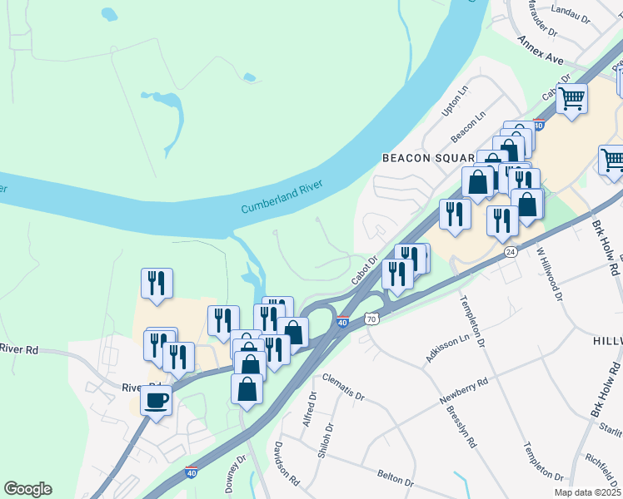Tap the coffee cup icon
click(x=156, y=401)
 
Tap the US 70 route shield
click(x=371, y=318)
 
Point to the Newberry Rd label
click(x=464, y=390)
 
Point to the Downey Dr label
click(x=236, y=469)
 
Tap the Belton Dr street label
click(x=395, y=480)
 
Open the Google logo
click(x=27, y=489)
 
